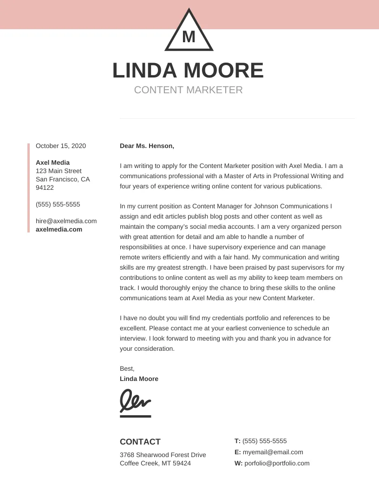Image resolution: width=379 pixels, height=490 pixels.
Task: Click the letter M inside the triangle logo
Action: (189, 37)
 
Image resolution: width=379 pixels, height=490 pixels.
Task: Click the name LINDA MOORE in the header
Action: (188, 71)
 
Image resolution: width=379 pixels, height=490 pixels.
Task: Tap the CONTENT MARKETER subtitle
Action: (188, 90)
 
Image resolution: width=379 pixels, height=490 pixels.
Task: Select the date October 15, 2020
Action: (61, 146)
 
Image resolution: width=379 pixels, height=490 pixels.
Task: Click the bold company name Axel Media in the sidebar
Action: (52, 162)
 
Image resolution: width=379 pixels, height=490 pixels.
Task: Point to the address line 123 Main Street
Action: (59, 171)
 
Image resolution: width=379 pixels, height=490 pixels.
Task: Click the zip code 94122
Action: (45, 187)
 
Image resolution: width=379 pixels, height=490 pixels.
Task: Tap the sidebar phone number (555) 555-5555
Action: (58, 204)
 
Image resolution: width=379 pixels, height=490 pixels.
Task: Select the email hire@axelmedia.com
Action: (66, 221)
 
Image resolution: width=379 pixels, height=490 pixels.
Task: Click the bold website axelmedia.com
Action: (59, 229)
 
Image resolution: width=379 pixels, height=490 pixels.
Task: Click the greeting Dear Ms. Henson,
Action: (147, 146)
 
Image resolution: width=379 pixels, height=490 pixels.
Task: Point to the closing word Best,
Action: (127, 368)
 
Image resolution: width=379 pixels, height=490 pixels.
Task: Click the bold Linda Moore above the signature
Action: (139, 379)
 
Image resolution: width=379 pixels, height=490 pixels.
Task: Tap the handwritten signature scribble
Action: (135, 400)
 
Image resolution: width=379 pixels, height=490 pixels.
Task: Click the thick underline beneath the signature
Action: (135, 416)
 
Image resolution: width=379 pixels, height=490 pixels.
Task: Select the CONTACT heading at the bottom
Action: (140, 442)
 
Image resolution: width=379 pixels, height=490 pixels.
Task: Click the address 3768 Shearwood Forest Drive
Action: (163, 455)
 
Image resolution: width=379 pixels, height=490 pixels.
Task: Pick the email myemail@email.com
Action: (273, 452)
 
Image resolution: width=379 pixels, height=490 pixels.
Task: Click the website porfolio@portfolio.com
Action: (277, 463)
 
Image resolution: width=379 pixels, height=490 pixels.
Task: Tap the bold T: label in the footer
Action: (237, 441)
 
